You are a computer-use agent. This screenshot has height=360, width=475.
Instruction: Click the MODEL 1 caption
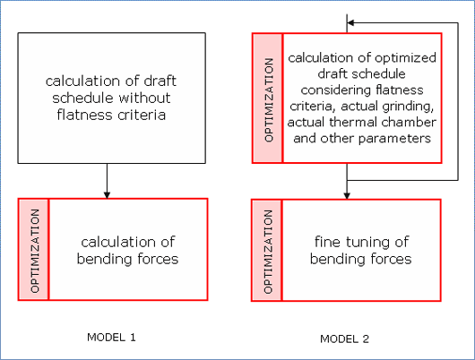[x=111, y=338]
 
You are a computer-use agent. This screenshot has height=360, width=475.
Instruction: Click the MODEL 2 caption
[x=344, y=339]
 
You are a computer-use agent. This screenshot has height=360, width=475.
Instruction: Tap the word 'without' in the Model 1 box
[x=144, y=98]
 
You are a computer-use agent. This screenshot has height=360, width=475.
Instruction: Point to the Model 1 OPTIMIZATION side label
[x=35, y=251]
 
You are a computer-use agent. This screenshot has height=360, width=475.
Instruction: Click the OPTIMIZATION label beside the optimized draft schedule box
[x=269, y=100]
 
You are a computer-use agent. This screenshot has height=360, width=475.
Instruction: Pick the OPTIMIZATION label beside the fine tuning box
[x=268, y=252]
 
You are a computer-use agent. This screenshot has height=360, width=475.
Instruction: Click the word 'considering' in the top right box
[x=337, y=90]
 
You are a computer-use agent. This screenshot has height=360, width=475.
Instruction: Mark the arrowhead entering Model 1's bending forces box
[x=107, y=194]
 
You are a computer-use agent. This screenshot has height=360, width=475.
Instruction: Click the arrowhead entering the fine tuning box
[x=347, y=195]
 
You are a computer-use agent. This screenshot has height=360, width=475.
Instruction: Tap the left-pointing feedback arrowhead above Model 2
[x=350, y=22]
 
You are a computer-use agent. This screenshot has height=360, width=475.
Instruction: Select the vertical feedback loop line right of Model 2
[x=458, y=101]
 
